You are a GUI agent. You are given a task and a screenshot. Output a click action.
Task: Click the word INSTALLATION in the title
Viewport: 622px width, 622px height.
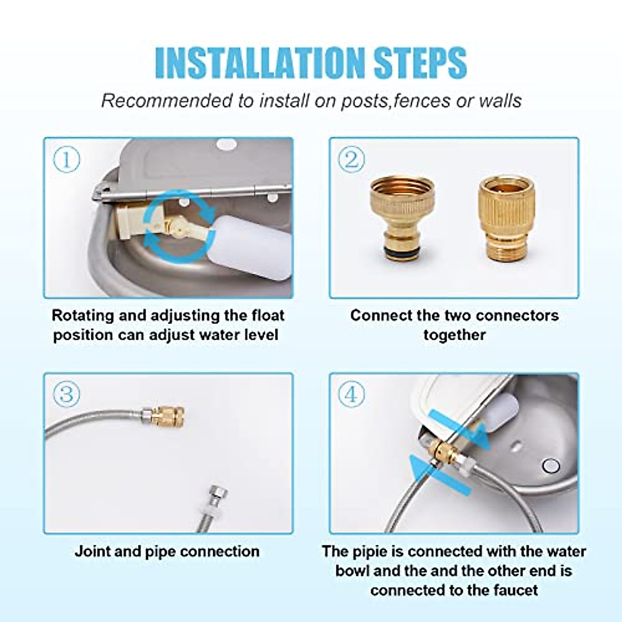[x=259, y=63]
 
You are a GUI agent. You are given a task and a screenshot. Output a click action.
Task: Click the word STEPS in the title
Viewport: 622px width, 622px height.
[x=420, y=63]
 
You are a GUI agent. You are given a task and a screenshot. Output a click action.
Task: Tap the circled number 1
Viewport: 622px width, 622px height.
[x=66, y=159]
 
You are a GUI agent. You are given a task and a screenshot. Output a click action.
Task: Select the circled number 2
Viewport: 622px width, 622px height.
[x=351, y=159]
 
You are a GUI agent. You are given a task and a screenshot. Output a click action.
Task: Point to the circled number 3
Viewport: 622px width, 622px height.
[x=66, y=394]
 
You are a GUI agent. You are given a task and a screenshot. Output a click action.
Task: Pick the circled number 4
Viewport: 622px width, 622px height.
[x=351, y=394]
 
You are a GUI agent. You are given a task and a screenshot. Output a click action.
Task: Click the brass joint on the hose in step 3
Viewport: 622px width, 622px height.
[x=167, y=416]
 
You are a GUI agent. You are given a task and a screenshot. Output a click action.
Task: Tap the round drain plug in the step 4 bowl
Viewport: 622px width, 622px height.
[x=551, y=466]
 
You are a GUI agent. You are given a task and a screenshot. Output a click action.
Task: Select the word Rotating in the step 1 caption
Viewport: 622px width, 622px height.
[x=83, y=315]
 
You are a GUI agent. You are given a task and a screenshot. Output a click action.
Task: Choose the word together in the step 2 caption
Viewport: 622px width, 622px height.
[x=455, y=335]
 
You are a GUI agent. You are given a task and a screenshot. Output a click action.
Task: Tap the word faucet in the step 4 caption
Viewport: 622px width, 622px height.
[x=515, y=590]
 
